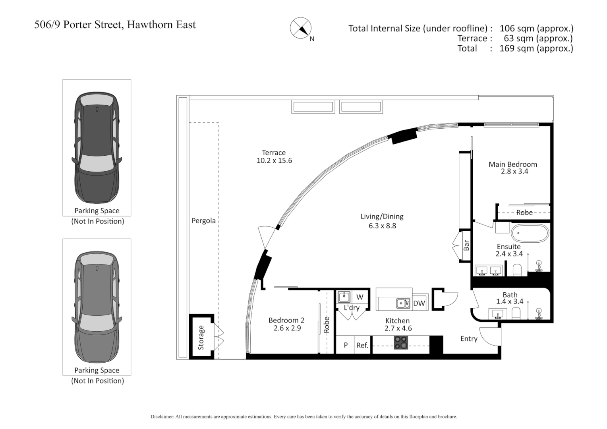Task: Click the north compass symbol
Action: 301,28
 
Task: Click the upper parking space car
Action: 97,148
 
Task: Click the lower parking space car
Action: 97,307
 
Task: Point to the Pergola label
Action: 203,221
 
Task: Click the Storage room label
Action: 201,338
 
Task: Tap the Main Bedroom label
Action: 512,164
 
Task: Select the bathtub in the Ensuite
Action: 530,233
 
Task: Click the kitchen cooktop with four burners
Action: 401,342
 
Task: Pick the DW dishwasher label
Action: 419,303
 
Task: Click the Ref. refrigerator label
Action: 362,346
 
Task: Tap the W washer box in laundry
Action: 360,297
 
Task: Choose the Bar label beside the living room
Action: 466,245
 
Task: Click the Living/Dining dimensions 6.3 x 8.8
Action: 382,226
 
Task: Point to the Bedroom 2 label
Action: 286,320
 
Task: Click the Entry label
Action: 469,339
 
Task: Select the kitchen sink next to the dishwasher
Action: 403,303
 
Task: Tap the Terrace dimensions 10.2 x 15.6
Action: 274,161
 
